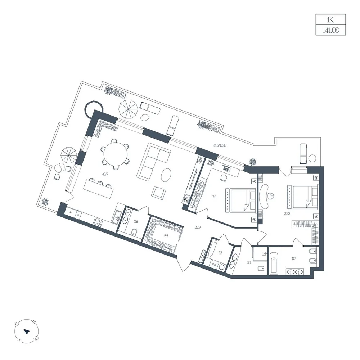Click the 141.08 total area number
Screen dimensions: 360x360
coord(330,30)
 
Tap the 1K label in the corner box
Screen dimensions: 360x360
coord(330,20)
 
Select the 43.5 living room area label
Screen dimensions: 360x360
coord(105,174)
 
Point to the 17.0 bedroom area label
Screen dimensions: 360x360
coord(214,197)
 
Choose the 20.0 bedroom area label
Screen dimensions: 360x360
coord(287,213)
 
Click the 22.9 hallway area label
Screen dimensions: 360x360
coord(198,227)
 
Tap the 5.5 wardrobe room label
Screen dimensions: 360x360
coord(166,236)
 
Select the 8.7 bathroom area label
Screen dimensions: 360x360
coord(294,258)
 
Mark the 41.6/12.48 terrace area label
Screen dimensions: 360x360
coord(220,145)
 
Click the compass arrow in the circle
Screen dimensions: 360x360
coord(27,332)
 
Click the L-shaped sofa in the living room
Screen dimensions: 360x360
coord(153,161)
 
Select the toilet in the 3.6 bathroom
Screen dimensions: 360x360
coord(134,232)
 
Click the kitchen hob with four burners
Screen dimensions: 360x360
coord(98,221)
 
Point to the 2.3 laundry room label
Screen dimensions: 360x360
coord(220,253)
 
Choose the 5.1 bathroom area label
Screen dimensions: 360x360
coord(249,262)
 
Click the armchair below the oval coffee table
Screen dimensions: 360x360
coord(158,192)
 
